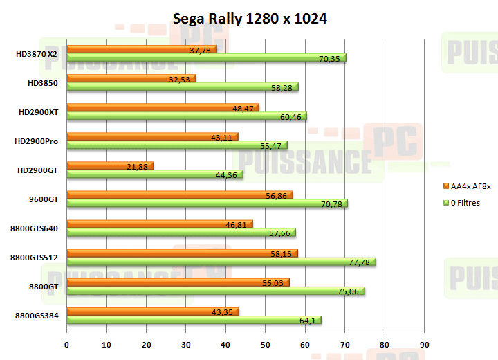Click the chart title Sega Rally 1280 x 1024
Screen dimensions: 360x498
249,19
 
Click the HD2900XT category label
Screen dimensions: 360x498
39,111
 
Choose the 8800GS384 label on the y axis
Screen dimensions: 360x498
36,316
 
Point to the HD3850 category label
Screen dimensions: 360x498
43,82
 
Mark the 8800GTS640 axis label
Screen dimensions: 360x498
35,228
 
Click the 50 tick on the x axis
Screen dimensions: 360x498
266,345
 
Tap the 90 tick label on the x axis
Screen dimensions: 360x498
425,345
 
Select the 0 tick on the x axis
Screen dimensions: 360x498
67,345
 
